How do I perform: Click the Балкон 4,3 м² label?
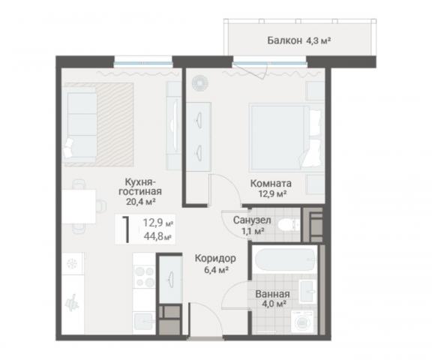coord(299,40)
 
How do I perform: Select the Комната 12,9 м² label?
coord(271,188)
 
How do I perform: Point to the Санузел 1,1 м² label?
coord(252,225)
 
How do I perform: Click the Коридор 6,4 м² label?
coord(215,263)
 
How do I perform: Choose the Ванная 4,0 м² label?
coord(272,298)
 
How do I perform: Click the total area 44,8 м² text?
coord(158,236)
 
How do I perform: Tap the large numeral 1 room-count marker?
coord(126,229)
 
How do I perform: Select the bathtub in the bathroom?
coord(285,259)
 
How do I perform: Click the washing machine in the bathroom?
coord(302,321)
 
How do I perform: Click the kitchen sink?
coord(143,322)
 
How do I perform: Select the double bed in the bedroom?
coord(286,137)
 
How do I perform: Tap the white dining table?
coord(79,206)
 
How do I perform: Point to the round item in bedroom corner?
coord(200,82)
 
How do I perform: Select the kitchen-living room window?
coord(143,62)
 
